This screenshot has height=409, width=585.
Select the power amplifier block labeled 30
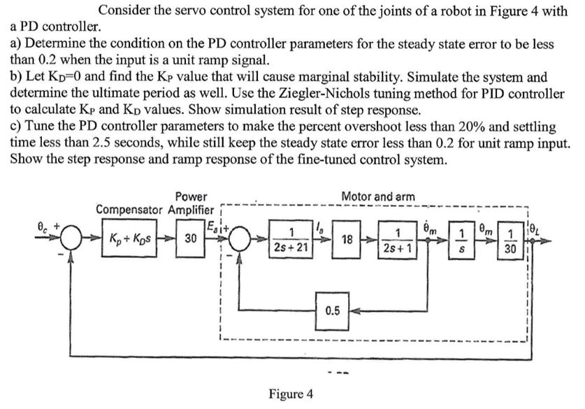point(189,238)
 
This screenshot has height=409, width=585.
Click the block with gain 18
point(347,238)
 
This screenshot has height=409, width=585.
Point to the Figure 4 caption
point(290,394)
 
